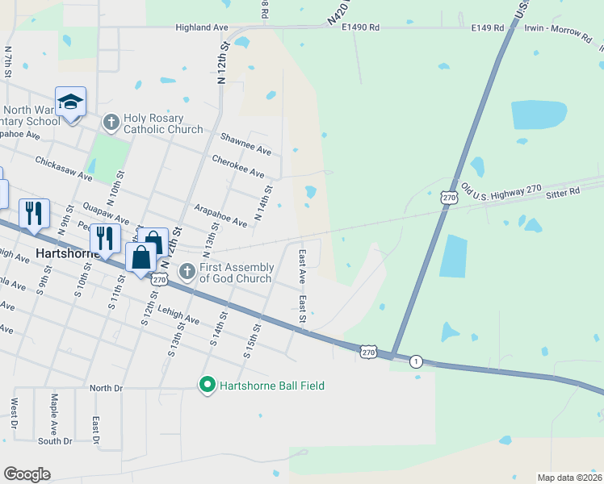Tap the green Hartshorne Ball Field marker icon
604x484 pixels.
click(207, 386)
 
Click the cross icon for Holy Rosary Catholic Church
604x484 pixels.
click(111, 123)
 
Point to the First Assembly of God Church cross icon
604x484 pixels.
click(187, 271)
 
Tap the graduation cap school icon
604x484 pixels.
click(70, 102)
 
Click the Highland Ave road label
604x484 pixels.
click(202, 27)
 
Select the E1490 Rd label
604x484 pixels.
click(360, 27)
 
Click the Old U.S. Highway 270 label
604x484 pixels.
click(501, 189)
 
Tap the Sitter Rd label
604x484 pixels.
click(563, 192)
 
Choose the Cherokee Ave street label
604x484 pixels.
click(238, 166)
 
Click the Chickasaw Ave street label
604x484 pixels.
click(64, 168)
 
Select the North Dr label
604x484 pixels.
click(105, 388)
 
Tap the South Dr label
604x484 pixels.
click(55, 441)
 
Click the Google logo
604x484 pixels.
click(27, 474)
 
